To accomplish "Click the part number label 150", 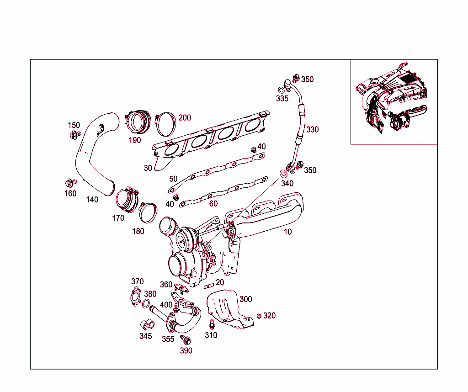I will click(x=74, y=125).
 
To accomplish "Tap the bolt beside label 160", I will click(x=70, y=183).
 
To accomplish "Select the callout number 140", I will click(x=92, y=199).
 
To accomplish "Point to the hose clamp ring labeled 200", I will click(x=165, y=124).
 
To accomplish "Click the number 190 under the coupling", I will click(x=134, y=140).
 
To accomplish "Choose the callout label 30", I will click(x=148, y=168).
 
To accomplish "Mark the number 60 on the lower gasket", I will click(x=213, y=204).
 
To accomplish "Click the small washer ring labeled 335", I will click(x=281, y=90).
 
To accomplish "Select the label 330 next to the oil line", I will click(x=312, y=130).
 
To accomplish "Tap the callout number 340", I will click(x=287, y=184).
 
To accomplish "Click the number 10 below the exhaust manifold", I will click(x=287, y=232).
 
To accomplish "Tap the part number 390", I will click(x=186, y=351).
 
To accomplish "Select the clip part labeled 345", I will click(x=146, y=324).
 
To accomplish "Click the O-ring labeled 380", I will click(x=146, y=305).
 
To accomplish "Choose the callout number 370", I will click(x=137, y=281).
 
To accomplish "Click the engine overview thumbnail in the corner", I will click(x=394, y=101).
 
